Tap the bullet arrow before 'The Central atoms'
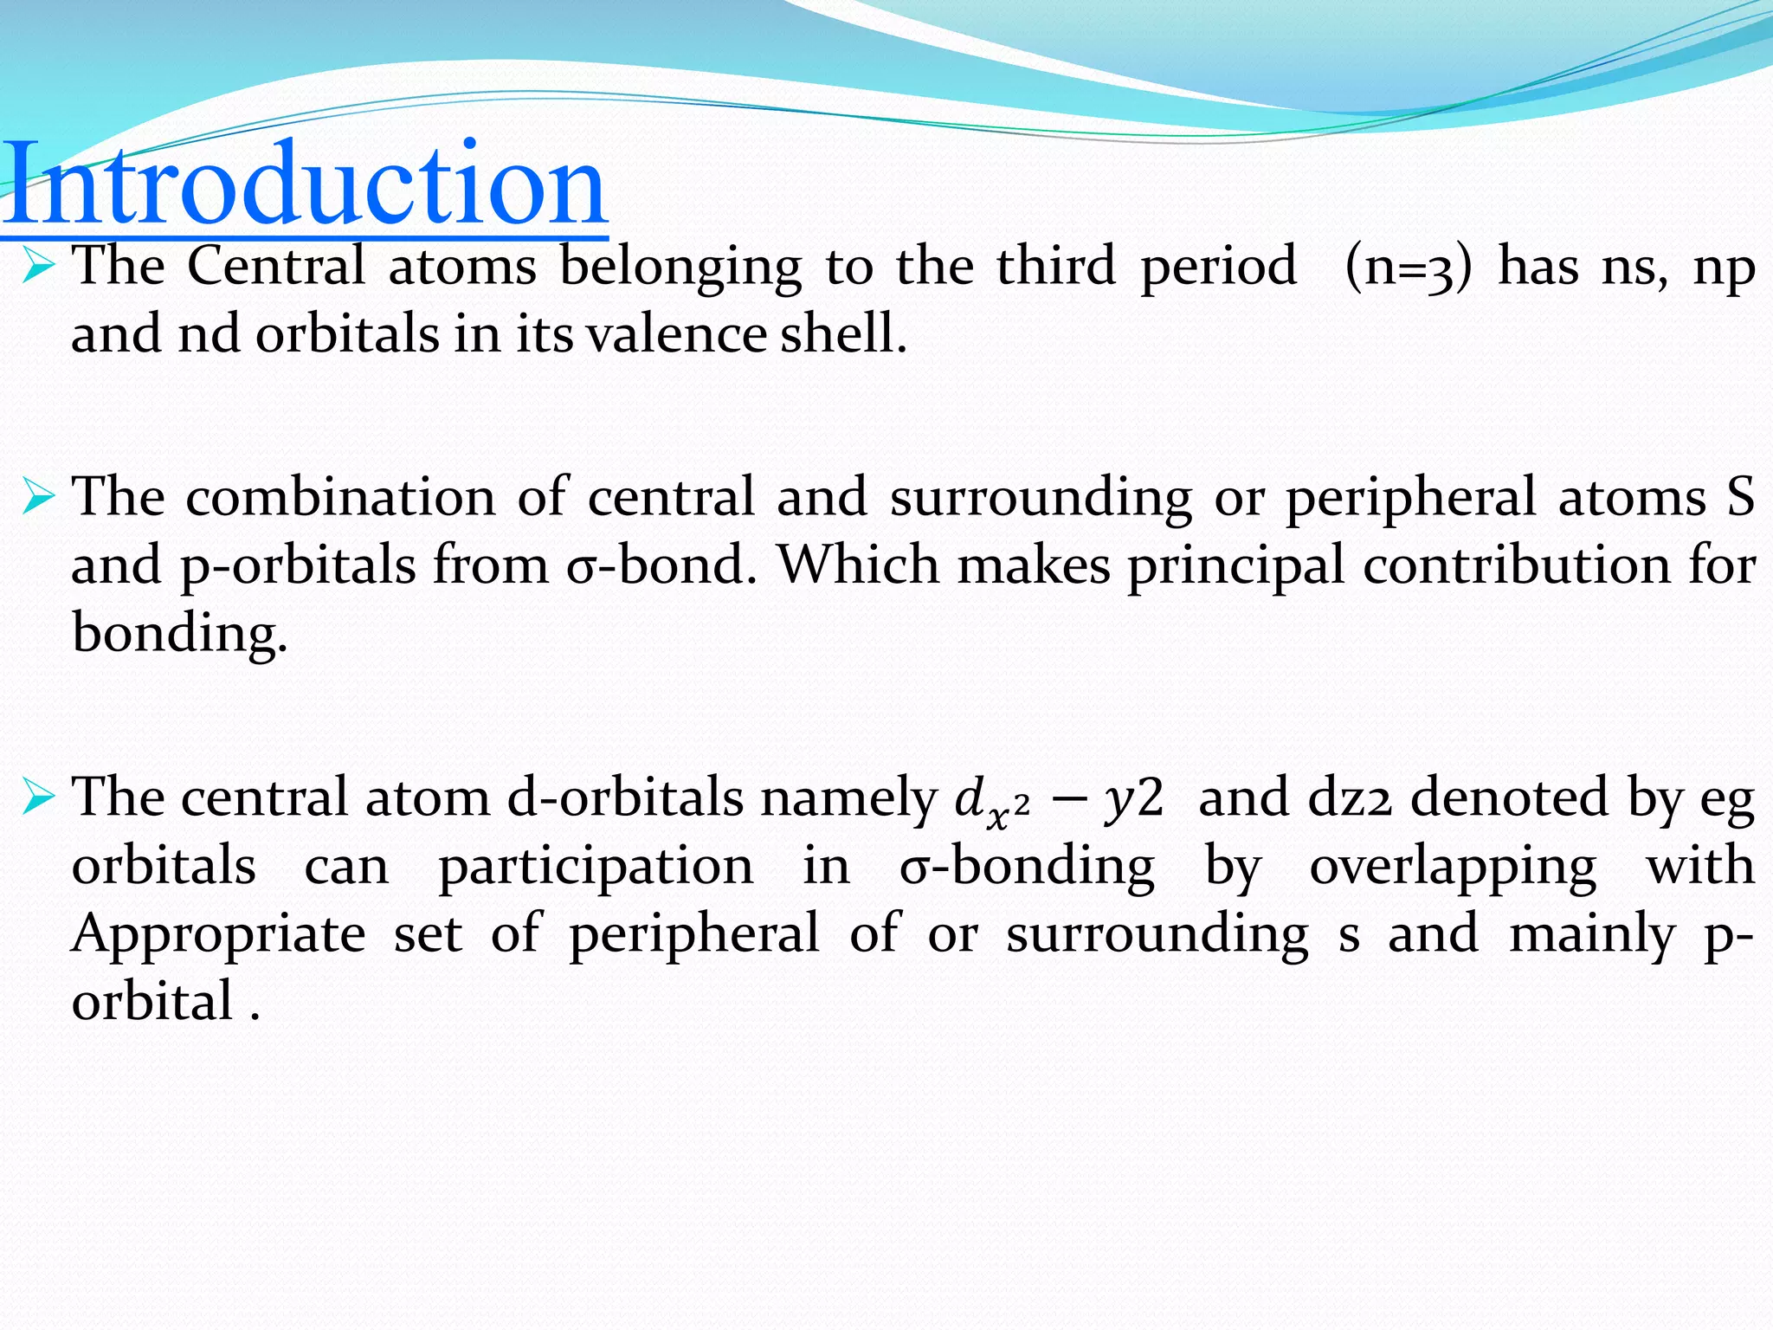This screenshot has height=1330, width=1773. point(39,266)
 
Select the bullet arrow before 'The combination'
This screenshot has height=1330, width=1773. point(39,498)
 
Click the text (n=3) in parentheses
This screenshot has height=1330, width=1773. point(1408,267)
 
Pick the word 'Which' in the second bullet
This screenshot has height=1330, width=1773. point(857,565)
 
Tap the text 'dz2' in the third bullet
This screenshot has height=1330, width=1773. point(1349,797)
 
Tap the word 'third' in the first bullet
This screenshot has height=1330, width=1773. point(1055,266)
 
